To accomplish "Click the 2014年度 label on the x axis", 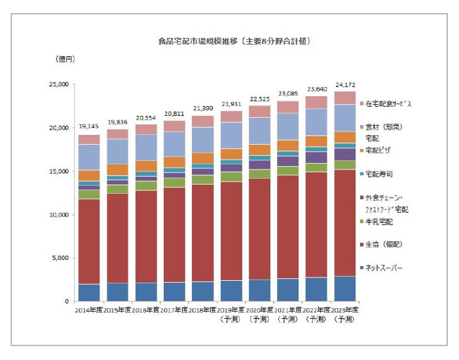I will [89, 309].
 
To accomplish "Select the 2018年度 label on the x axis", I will [204, 309].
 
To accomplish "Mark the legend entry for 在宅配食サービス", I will [388, 103].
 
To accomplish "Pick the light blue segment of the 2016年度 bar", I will [147, 147].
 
